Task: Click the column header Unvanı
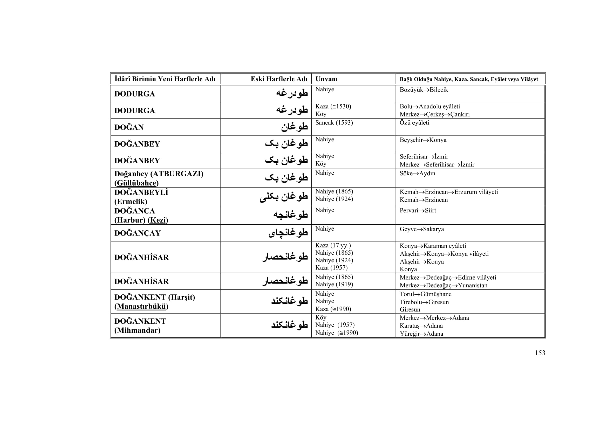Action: [326, 79]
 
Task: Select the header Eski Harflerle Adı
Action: [279, 79]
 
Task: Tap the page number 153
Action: [540, 353]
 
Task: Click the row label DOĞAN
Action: [129, 127]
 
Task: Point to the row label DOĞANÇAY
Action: [138, 233]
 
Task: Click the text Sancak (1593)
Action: [334, 123]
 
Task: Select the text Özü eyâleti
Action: [414, 123]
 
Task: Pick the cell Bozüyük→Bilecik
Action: [424, 90]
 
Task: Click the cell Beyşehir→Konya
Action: [423, 140]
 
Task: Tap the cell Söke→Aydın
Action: [417, 174]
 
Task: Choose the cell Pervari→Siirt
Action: [418, 211]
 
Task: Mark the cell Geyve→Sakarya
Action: [422, 229]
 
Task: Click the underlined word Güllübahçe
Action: [137, 183]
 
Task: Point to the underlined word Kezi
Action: [158, 220]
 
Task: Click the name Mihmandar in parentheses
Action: [137, 330]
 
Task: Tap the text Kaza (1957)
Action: [331, 268]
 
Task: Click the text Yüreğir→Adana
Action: [421, 334]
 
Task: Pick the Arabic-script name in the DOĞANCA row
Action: [290, 215]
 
